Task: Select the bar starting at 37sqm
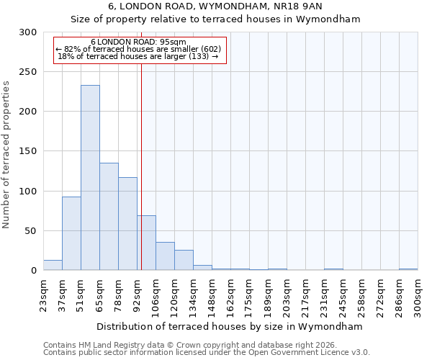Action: (x=71, y=233)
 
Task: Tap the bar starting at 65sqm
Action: (x=109, y=217)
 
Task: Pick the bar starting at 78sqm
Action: (x=127, y=224)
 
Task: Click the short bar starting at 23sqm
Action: (x=53, y=265)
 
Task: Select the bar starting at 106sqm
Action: (x=165, y=256)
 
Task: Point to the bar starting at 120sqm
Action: (x=184, y=260)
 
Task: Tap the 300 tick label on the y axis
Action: (x=28, y=32)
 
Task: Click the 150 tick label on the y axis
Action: (x=28, y=151)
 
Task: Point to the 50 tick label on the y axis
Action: (x=31, y=231)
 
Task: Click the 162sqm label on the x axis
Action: (x=230, y=295)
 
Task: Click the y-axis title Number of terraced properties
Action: (x=6, y=155)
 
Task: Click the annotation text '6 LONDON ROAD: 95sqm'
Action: (x=139, y=42)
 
